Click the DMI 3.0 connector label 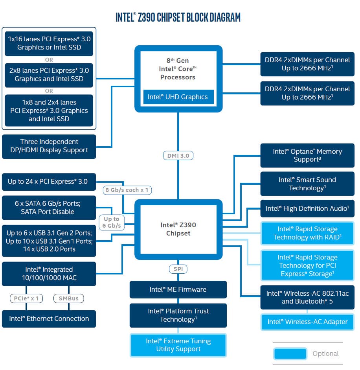pos(178,155)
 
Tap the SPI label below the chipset pos(178,269)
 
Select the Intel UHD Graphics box pos(178,97)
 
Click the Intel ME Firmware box pos(178,289)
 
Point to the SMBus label pos(68,298)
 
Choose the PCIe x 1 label pos(26,298)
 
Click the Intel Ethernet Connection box pos(49,318)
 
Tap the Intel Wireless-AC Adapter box pos(307,322)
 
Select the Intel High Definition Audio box pos(307,208)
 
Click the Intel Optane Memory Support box pos(307,155)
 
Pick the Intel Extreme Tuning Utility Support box pos(178,345)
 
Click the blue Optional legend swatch pos(290,353)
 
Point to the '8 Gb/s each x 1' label pos(127,190)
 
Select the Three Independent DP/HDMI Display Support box pos(49,146)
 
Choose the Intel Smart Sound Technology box pos(307,184)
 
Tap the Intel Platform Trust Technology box pos(178,315)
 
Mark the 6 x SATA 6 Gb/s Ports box pos(49,207)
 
